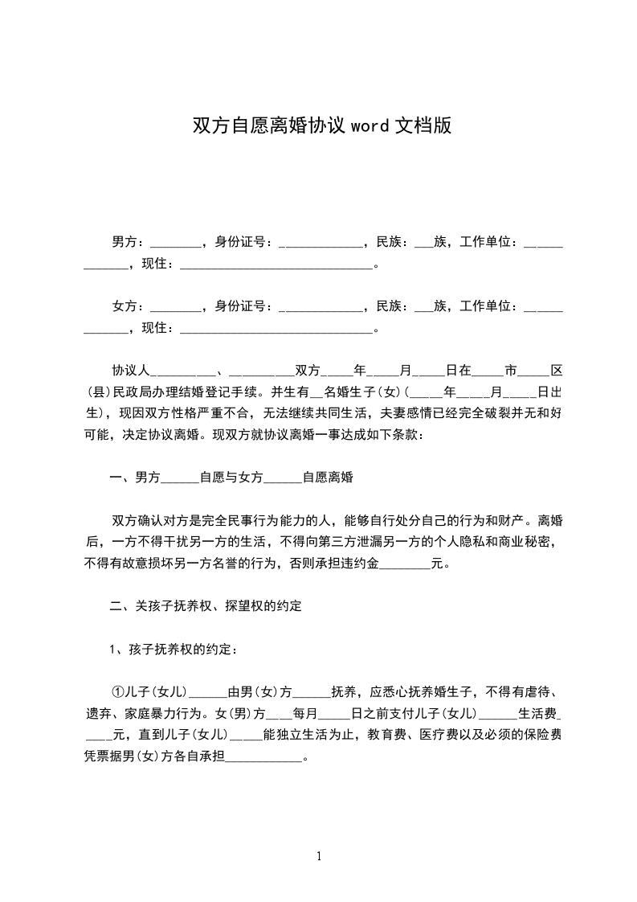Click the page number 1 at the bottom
tap(319, 856)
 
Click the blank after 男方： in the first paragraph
tap(175, 244)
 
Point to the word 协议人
tap(131, 371)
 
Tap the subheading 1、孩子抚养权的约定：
tap(174, 650)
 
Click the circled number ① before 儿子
tap(117, 692)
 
